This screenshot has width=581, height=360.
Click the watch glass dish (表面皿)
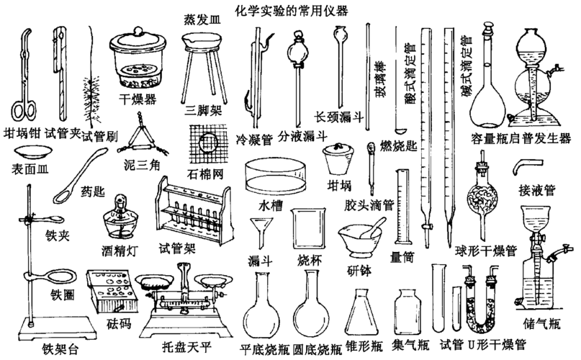[32, 152]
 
